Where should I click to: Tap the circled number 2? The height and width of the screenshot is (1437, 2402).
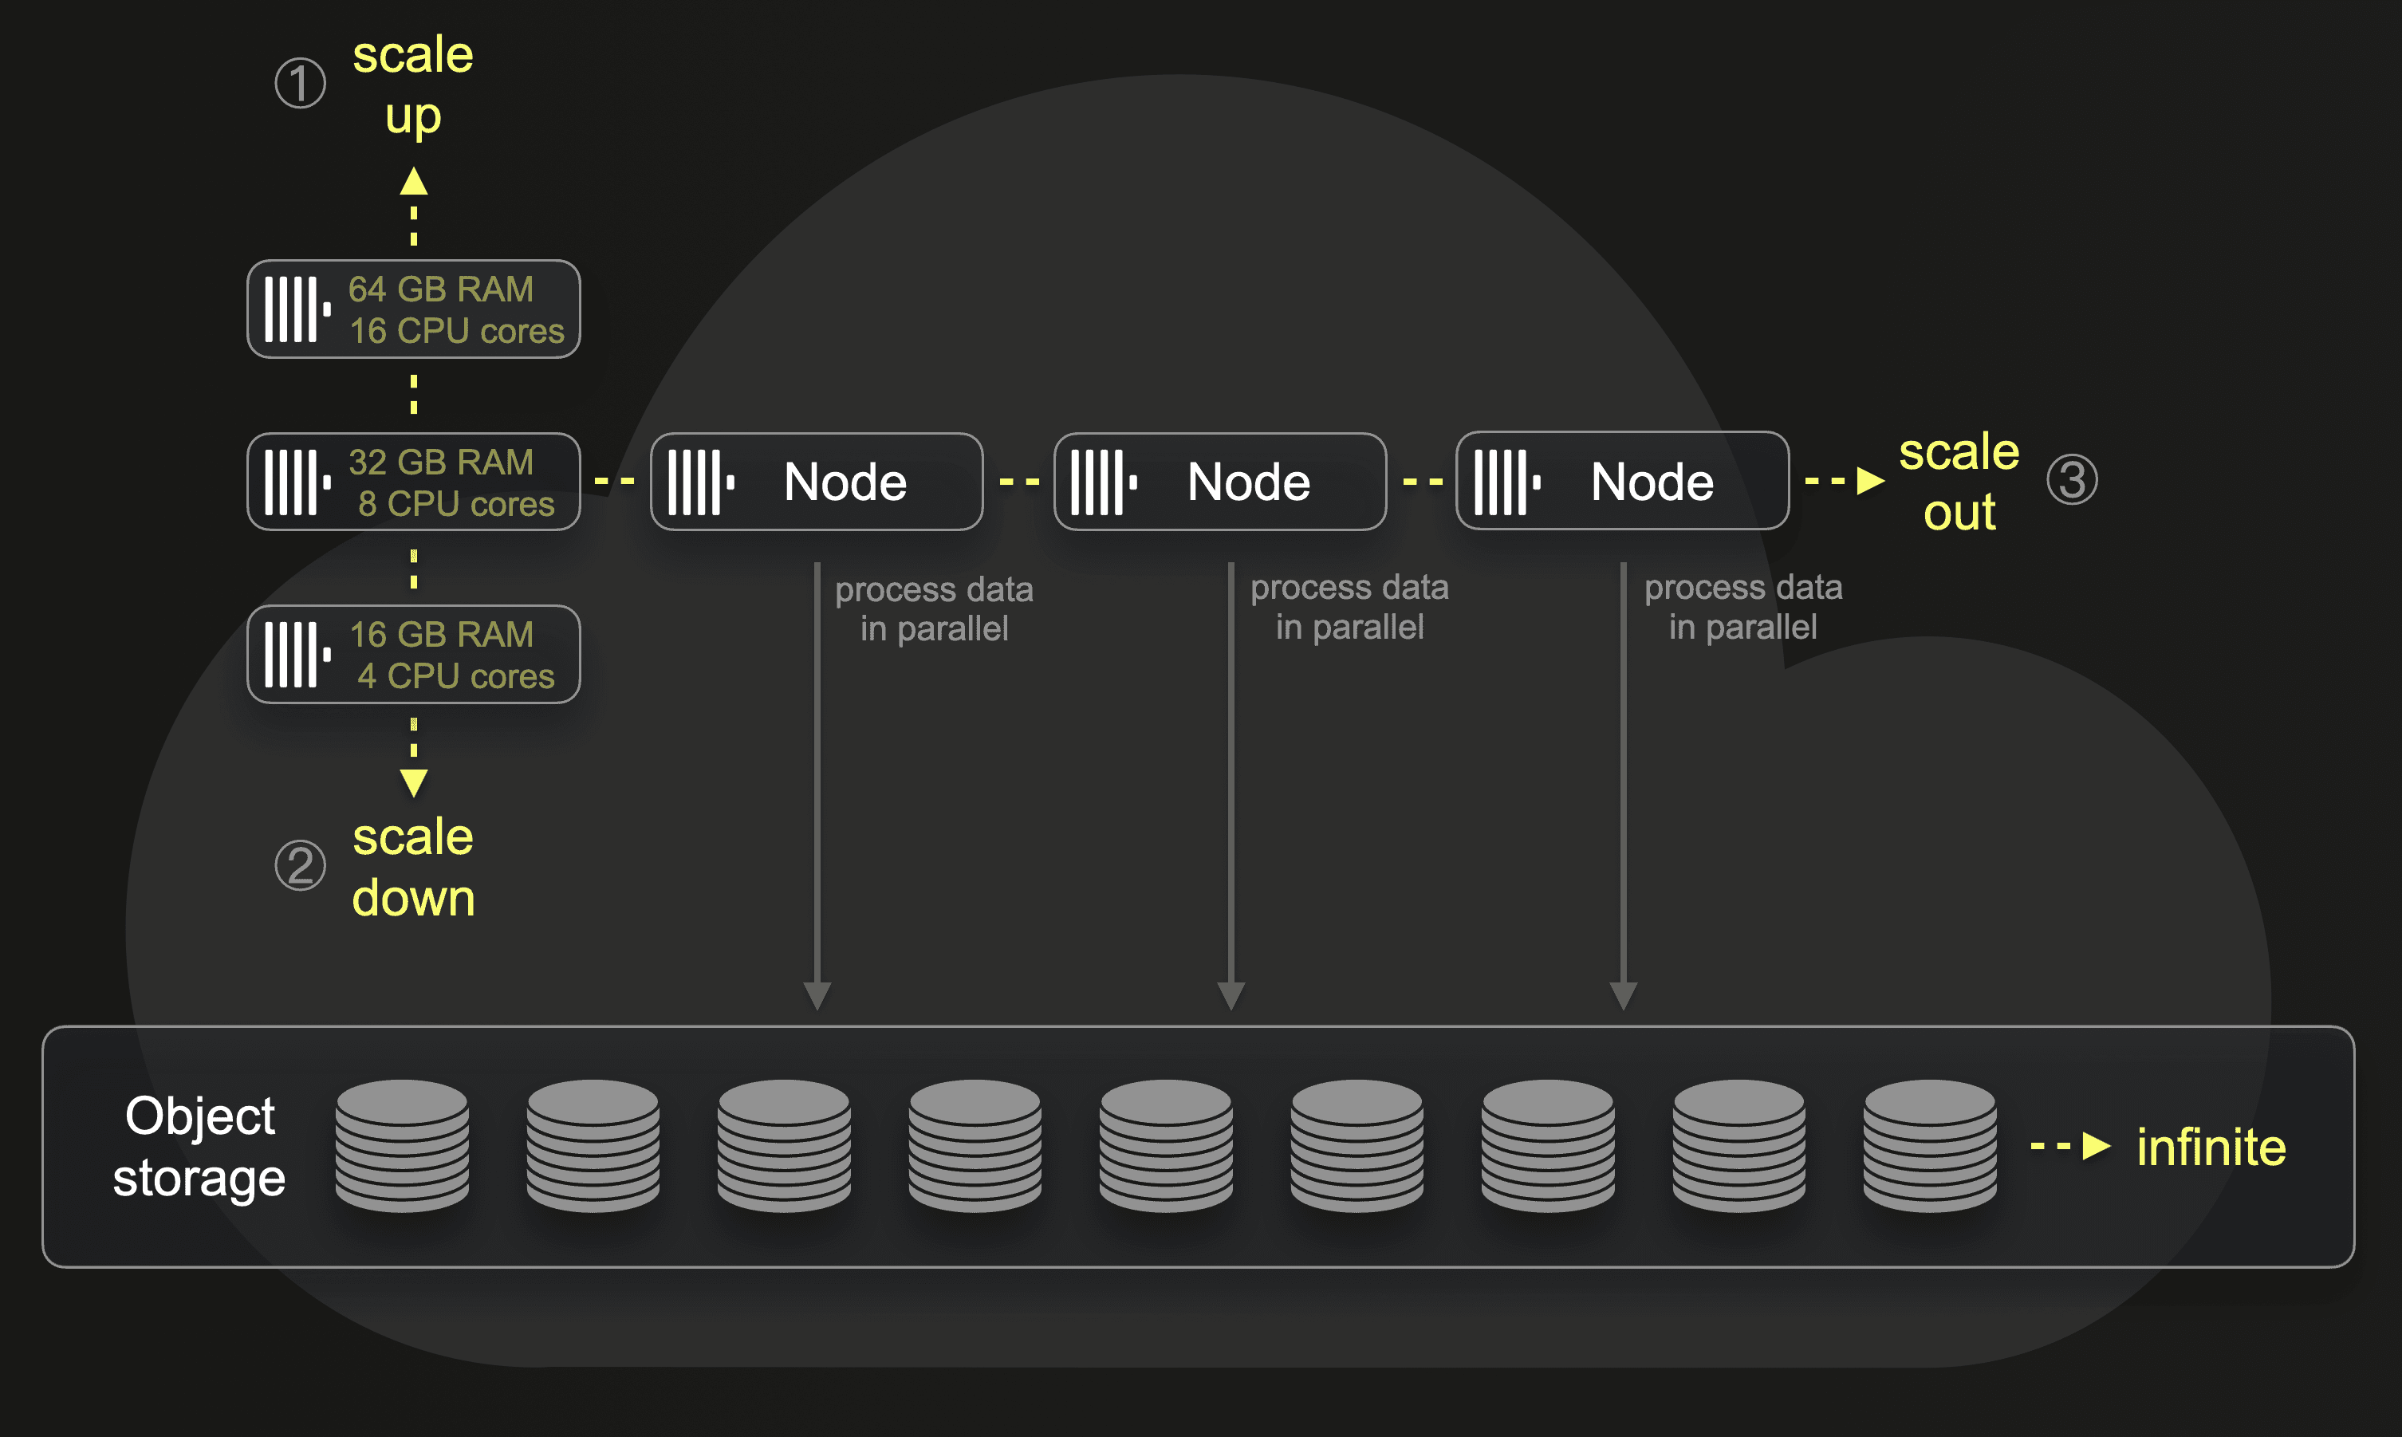coord(300,864)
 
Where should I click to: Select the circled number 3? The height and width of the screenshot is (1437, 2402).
coord(2072,479)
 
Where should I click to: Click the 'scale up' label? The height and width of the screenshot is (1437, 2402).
coord(413,85)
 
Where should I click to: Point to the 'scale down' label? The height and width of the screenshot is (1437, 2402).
coord(413,867)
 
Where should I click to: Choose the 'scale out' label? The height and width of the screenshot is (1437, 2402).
coord(1959,482)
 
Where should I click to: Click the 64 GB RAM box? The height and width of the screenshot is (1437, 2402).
coord(413,309)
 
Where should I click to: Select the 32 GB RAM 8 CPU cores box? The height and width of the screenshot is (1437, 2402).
coord(413,482)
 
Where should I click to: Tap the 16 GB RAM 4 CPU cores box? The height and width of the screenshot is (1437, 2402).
coord(413,654)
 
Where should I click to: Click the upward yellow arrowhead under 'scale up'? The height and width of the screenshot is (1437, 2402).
coord(413,182)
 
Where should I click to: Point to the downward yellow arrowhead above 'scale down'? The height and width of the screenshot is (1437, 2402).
coord(413,781)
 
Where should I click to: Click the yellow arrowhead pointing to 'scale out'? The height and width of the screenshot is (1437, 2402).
coord(1869,480)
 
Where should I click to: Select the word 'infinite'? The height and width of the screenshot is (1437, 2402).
coord(2211,1148)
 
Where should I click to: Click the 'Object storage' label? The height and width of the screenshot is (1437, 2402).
coord(199,1147)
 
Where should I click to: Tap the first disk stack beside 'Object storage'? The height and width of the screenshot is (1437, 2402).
coord(402,1145)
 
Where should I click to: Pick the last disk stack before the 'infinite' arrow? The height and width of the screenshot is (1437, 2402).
coord(1930,1145)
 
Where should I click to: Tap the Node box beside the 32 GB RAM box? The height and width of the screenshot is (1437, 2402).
coord(816,482)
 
